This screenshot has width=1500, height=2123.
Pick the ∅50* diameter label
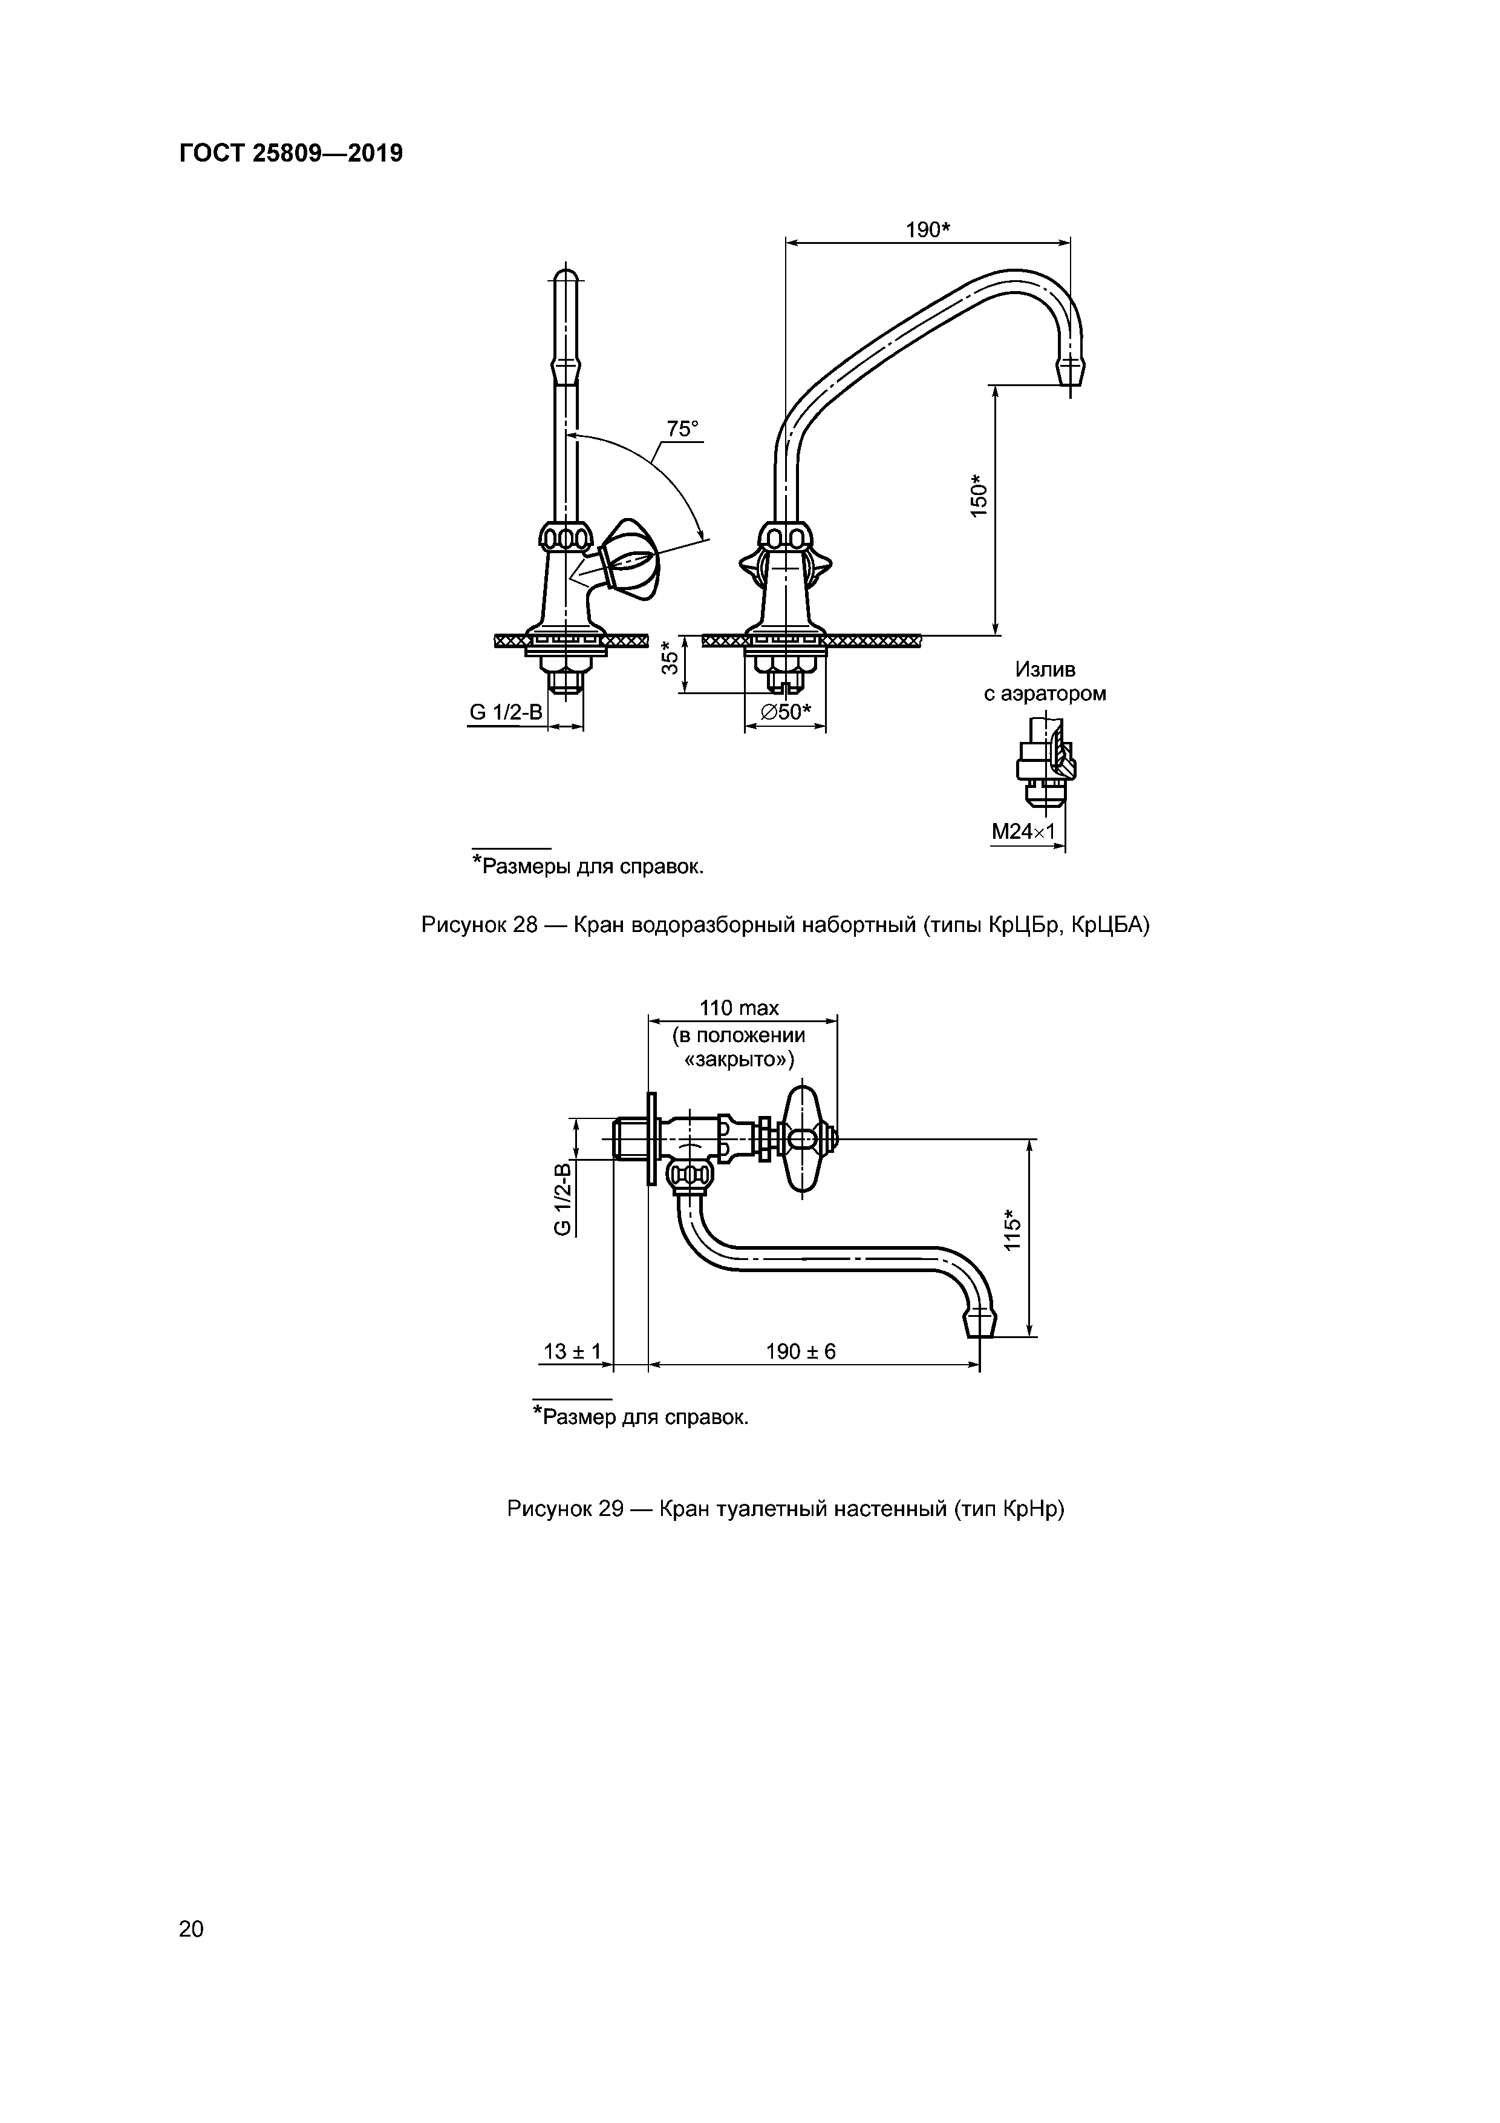coord(786,712)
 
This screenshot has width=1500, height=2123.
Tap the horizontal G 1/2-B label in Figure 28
coord(506,712)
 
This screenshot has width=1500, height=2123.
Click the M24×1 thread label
coord(1023,832)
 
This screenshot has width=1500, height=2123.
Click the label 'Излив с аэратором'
coord(1045,681)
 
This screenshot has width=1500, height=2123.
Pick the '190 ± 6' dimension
coord(800,1351)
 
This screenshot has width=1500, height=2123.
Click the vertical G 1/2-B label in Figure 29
coord(562,1198)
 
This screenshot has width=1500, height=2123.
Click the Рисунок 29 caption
coord(786,1509)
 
